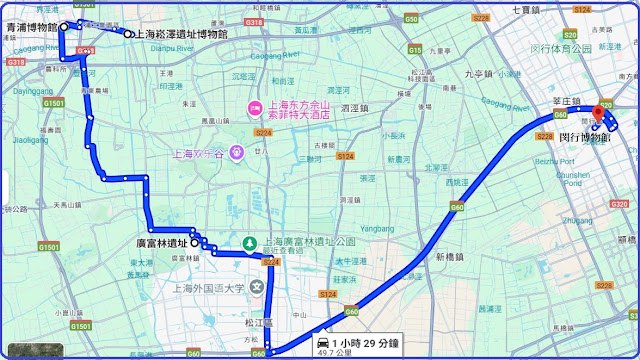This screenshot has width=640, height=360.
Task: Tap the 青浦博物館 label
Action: (30, 28)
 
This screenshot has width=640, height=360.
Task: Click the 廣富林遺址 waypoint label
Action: (161, 242)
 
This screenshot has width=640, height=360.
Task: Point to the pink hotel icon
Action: (254, 108)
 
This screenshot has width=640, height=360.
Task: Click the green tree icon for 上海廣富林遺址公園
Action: (250, 243)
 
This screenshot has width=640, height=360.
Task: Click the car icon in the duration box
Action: (324, 337)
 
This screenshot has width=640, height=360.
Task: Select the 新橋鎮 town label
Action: (452, 257)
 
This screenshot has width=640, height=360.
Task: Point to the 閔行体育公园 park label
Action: (590, 48)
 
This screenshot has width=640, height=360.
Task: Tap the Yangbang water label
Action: (377, 213)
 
